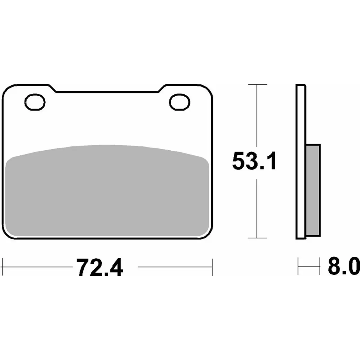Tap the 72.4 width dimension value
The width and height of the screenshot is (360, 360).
[99, 267]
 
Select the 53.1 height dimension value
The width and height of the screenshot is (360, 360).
[254, 161]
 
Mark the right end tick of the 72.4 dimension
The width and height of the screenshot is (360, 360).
[212, 267]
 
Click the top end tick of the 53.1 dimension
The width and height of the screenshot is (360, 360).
[257, 85]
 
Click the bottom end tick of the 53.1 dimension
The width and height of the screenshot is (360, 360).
[257, 238]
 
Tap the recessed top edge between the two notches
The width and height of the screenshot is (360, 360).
[107, 92]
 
